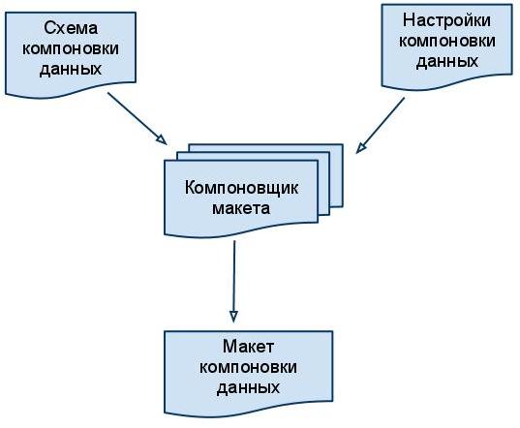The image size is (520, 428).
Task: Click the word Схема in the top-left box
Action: [x=71, y=28]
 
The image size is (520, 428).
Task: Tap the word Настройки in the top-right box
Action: [x=446, y=20]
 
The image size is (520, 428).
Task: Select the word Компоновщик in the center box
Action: [x=241, y=188]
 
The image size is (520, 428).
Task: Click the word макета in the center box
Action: [x=241, y=208]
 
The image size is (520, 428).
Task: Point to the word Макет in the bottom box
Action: [x=248, y=347]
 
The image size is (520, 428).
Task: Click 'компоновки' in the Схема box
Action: [x=71, y=48]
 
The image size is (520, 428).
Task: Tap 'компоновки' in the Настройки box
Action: [x=447, y=41]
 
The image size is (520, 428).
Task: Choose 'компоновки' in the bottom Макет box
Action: [x=248, y=367]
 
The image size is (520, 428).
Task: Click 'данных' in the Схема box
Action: [x=71, y=69]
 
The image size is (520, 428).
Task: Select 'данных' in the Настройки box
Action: [x=447, y=61]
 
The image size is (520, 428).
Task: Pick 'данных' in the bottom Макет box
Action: [x=248, y=388]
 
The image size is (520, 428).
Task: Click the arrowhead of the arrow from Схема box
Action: [x=162, y=139]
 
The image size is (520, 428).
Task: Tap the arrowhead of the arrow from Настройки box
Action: [x=360, y=147]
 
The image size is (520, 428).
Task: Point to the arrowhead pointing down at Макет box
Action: [x=233, y=317]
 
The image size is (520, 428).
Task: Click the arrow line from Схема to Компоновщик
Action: [x=137, y=118]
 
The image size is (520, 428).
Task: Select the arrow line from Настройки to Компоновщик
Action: [x=380, y=125]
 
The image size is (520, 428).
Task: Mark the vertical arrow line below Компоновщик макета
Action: [x=234, y=282]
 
